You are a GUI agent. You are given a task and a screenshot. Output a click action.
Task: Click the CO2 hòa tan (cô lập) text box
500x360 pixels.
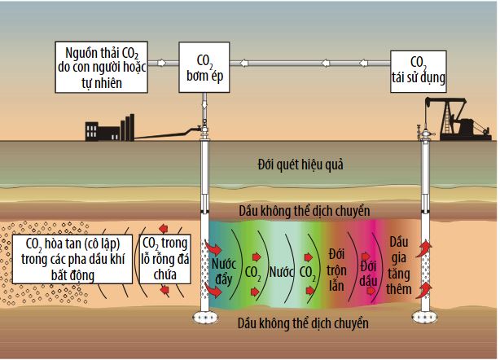pyautogui.click(x=71, y=259)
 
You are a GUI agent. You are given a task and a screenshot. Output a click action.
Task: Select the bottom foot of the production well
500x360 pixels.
pyautogui.click(x=424, y=316)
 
